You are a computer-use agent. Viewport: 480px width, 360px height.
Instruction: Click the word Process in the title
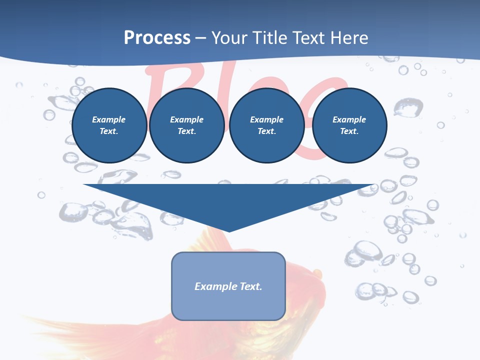(x=157, y=38)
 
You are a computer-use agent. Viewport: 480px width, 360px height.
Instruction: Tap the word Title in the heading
(x=269, y=38)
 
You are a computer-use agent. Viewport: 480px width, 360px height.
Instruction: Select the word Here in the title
(x=349, y=38)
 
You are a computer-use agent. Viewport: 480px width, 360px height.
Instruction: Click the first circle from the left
(x=109, y=125)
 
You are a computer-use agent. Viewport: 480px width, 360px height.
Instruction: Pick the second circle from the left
(x=186, y=125)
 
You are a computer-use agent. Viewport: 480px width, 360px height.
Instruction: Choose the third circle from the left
(x=266, y=125)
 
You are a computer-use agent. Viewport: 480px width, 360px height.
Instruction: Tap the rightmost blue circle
(x=349, y=125)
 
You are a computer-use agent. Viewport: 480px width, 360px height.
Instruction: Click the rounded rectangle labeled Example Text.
(x=228, y=286)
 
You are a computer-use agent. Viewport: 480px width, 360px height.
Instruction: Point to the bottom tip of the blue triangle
(x=229, y=231)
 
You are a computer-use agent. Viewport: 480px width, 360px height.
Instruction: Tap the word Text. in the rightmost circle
(x=349, y=131)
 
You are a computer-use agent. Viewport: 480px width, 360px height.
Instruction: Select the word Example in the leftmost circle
(x=109, y=120)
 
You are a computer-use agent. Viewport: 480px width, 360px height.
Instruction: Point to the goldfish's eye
(x=316, y=272)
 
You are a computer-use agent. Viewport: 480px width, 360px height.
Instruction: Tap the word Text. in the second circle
(x=186, y=131)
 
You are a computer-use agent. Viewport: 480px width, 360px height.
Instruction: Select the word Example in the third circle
(x=266, y=120)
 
